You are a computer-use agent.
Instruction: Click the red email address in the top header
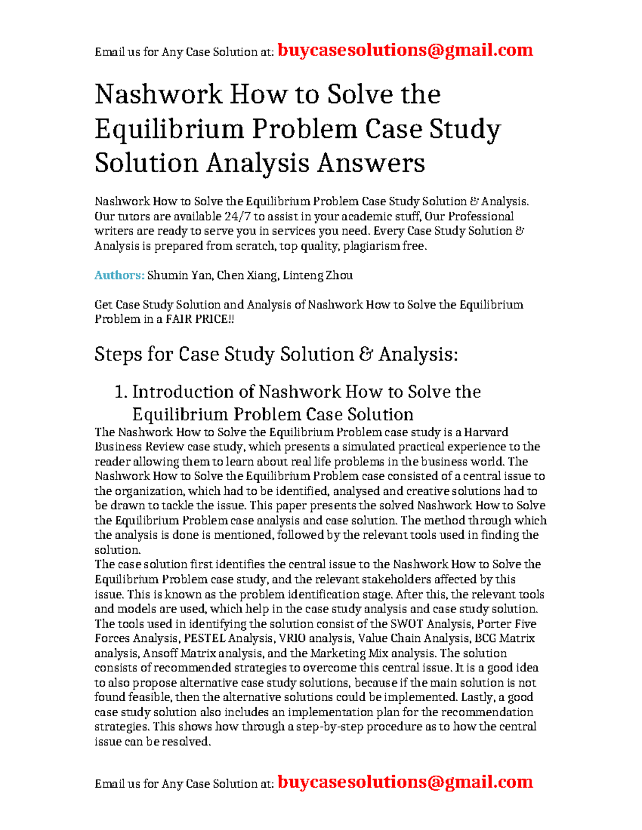pos(405,50)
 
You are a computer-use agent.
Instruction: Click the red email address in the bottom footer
pos(405,782)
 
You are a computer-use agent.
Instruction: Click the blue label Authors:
pos(119,275)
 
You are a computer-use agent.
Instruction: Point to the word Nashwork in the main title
pos(158,95)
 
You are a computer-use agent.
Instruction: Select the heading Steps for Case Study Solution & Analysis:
pos(276,354)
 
